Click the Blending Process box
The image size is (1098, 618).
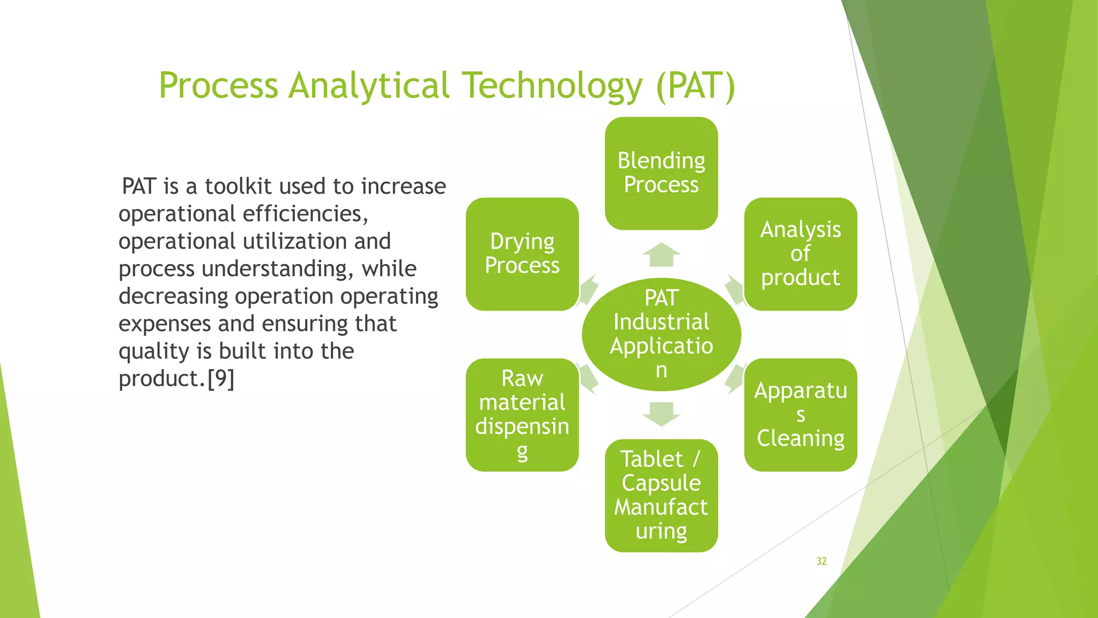(x=661, y=173)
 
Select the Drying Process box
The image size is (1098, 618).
(x=522, y=254)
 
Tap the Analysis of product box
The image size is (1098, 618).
(x=800, y=254)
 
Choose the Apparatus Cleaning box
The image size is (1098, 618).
(x=800, y=415)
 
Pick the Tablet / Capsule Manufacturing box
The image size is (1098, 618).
(x=661, y=495)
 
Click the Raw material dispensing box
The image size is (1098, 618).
(x=522, y=415)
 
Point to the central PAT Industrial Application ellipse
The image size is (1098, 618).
(x=661, y=334)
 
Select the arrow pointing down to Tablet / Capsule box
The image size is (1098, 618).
(x=661, y=414)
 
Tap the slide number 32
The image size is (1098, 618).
(x=821, y=561)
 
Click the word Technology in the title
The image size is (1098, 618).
(x=552, y=86)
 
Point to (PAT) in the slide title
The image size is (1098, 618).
(x=696, y=86)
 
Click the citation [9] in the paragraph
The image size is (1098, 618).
(x=221, y=379)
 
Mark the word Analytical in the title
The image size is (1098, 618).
(x=369, y=86)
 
